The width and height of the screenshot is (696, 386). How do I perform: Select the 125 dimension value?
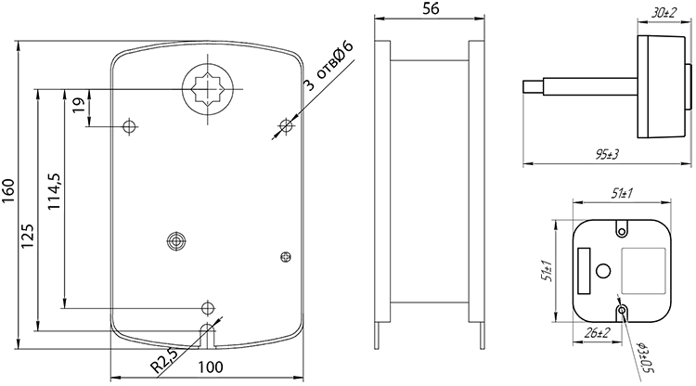(28, 236)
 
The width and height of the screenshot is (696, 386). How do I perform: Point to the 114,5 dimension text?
(54, 191)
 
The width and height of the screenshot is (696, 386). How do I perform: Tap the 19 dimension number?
(79, 105)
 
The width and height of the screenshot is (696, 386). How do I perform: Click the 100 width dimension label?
(211, 367)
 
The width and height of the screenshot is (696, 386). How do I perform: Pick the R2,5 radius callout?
(164, 360)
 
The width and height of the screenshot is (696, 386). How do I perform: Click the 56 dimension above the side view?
(431, 8)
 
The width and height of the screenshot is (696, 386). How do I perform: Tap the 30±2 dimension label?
(664, 13)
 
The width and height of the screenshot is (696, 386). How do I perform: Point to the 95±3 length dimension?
(607, 154)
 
